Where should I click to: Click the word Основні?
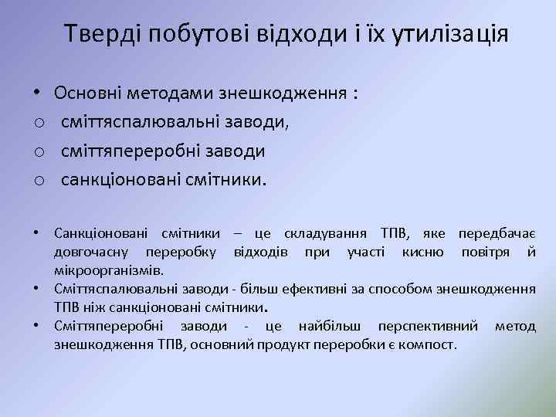pyautogui.click(x=89, y=94)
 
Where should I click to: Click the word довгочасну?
pyautogui.click(x=92, y=252)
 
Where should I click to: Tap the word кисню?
pyautogui.click(x=422, y=252)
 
